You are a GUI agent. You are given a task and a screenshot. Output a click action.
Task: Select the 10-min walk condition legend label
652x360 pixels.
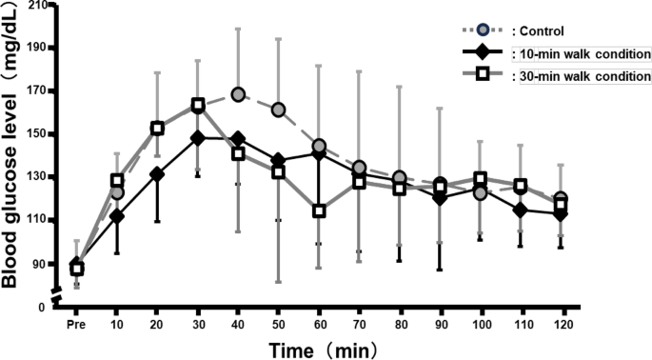pyautogui.click(x=581, y=53)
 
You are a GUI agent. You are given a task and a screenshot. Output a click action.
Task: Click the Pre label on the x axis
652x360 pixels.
pyautogui.click(x=76, y=324)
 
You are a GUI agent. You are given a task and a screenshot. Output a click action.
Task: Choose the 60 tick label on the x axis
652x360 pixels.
pyautogui.click(x=319, y=324)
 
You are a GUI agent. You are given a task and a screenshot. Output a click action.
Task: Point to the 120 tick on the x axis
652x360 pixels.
pyautogui.click(x=562, y=324)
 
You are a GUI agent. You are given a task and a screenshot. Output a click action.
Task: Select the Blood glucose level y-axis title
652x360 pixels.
pyautogui.click(x=13, y=157)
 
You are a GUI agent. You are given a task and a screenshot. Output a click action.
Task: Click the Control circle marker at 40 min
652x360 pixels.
pyautogui.click(x=238, y=94)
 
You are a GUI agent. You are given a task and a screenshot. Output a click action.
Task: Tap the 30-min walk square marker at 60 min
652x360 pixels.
pyautogui.click(x=319, y=210)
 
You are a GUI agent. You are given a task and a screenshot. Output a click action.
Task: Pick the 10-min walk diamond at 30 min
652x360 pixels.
pyautogui.click(x=197, y=138)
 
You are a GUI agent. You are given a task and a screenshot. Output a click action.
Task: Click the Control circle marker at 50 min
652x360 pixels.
pyautogui.click(x=279, y=110)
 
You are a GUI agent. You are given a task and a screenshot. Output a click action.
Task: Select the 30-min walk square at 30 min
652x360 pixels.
pyautogui.click(x=197, y=105)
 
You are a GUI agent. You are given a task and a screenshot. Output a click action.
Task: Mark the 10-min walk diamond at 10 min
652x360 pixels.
pyautogui.click(x=116, y=216)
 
